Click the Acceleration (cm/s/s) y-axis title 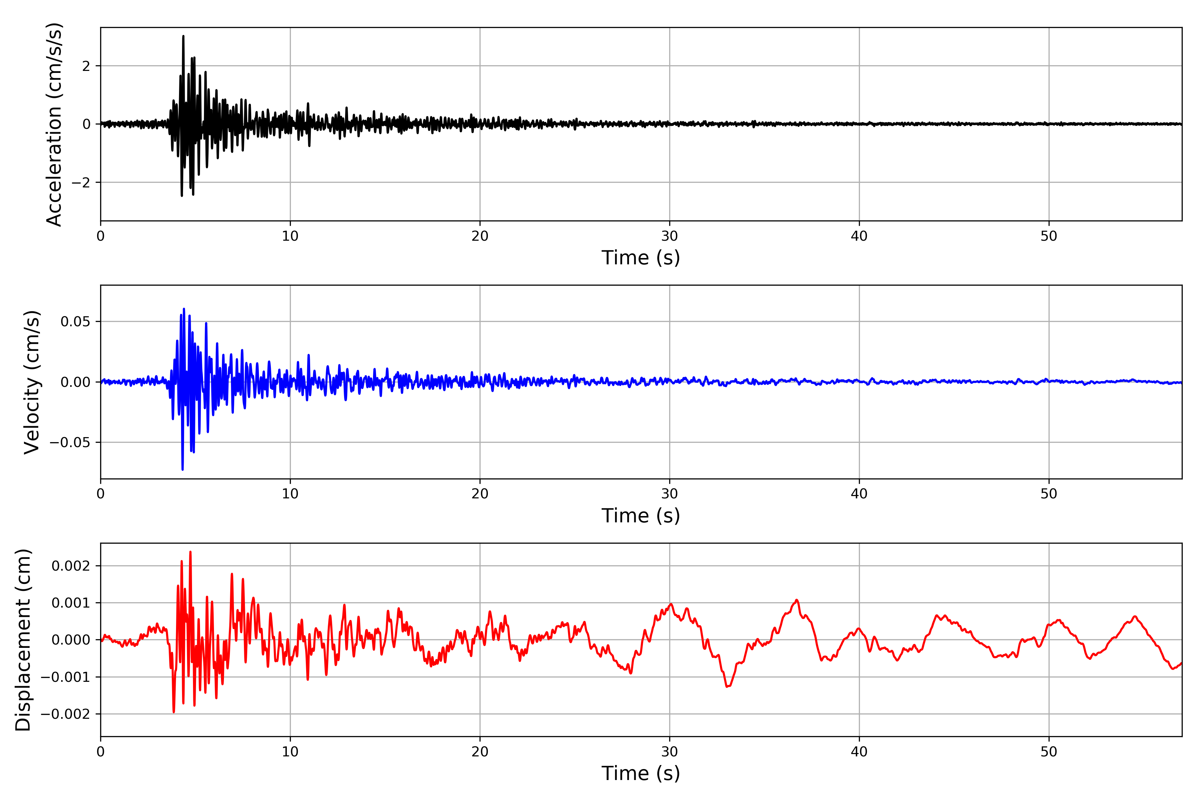tap(54, 124)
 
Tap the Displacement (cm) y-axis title tap(23, 640)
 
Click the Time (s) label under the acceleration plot tap(641, 258)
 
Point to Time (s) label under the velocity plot tap(641, 516)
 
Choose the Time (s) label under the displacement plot tap(641, 773)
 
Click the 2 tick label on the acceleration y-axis tap(86, 66)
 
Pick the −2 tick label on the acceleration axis tap(81, 182)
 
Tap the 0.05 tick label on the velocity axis tap(76, 322)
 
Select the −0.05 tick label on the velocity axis tap(70, 442)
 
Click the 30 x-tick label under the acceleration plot tap(669, 236)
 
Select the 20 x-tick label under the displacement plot tap(480, 752)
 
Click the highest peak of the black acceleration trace tap(183, 36)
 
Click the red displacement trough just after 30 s tap(727, 687)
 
